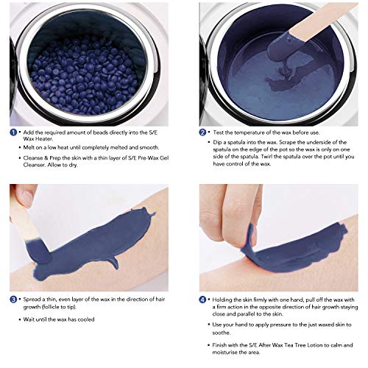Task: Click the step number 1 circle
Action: point(13,132)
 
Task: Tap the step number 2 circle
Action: point(202,132)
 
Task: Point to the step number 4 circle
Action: point(202,300)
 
